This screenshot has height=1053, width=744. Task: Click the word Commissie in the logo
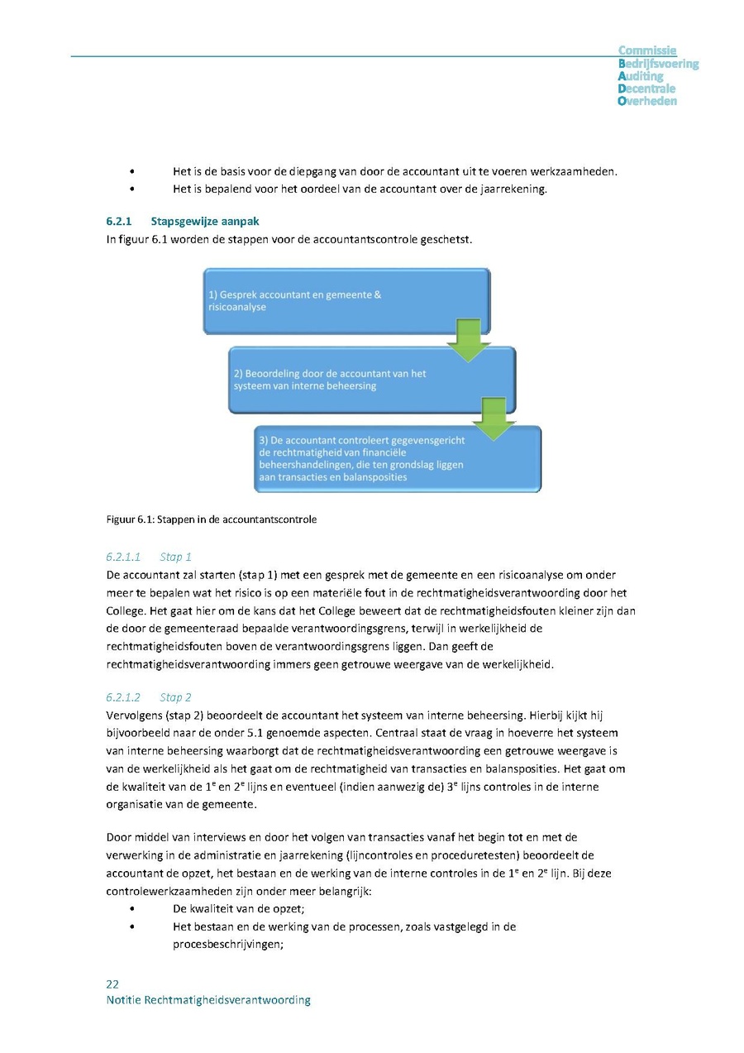point(647,51)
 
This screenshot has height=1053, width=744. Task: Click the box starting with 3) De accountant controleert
point(397,458)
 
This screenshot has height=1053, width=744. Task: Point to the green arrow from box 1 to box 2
point(469,340)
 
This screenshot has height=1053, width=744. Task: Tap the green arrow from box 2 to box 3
point(494,419)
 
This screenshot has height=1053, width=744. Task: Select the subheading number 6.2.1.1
point(124,557)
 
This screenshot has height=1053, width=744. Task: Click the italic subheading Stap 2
point(175,697)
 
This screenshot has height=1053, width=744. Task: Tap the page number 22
point(112,984)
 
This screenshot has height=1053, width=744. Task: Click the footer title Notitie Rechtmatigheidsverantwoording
point(208,1000)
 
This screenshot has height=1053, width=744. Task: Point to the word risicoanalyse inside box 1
point(237,307)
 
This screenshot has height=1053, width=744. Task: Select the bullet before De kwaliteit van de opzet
point(132,909)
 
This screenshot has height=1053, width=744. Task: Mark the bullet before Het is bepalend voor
point(132,189)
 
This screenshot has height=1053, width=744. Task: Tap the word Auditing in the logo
point(641,76)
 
